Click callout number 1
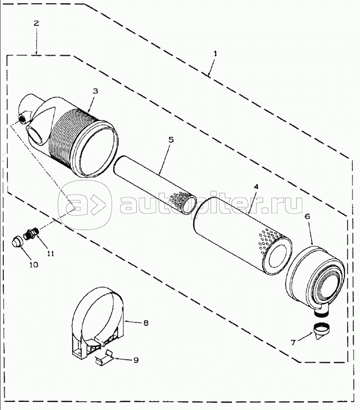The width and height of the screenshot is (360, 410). coord(215,54)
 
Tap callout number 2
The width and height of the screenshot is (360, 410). coord(36,23)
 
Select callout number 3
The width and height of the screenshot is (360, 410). coord(95,91)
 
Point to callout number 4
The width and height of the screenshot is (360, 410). coord(256,186)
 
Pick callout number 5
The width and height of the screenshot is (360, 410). coord(170,139)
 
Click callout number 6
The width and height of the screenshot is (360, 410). coord(307,216)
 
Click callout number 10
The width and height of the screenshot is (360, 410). coord(33,265)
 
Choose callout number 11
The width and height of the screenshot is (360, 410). coord(50,253)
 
